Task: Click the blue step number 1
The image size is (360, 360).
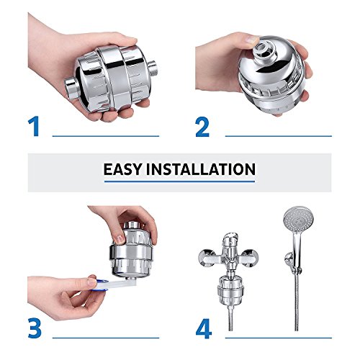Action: tap(35, 126)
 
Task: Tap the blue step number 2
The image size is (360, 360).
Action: tap(202, 127)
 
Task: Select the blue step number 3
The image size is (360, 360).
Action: tap(35, 328)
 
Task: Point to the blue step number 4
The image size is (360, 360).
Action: tap(204, 328)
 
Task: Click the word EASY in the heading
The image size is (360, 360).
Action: tap(122, 169)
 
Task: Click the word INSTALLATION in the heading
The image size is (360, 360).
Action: tap(201, 169)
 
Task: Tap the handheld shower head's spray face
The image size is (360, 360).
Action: tap(298, 220)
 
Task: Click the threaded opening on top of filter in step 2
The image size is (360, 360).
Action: tap(262, 49)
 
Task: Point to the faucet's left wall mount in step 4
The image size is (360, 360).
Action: tap(207, 258)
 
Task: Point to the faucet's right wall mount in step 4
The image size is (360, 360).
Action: tap(250, 258)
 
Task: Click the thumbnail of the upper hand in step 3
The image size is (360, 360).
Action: tap(120, 239)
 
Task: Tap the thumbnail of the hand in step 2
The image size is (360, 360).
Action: tap(253, 39)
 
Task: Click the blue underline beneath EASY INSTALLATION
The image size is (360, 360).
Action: tap(179, 181)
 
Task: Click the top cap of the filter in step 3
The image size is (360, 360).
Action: tap(132, 225)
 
